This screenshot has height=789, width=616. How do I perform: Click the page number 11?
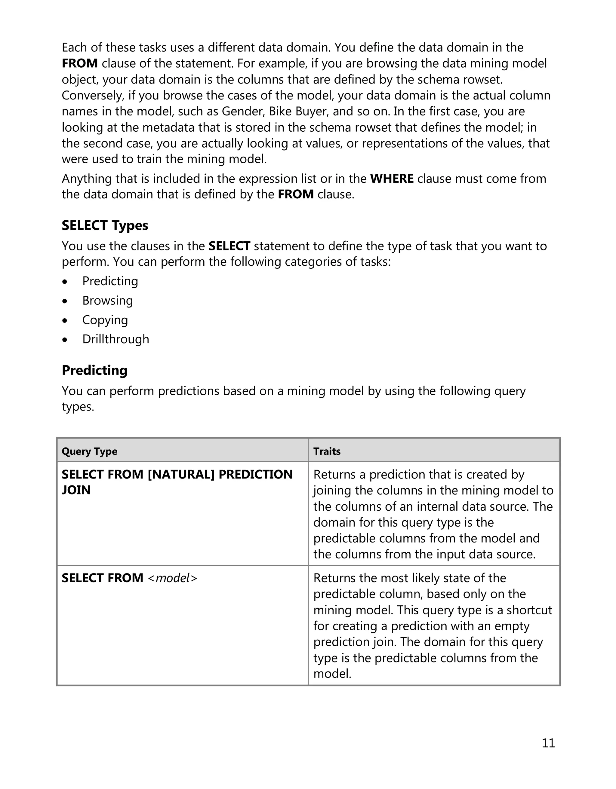548,743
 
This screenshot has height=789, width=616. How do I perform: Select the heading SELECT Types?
105,225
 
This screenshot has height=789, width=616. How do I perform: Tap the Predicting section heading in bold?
94,370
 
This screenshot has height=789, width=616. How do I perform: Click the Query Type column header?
89,451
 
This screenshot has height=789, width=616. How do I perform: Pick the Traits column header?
327,451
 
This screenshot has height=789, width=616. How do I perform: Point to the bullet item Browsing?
107,301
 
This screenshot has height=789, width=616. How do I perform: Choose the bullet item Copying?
105,320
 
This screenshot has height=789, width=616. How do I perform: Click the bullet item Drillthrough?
116,339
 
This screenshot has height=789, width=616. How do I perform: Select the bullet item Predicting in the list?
110,281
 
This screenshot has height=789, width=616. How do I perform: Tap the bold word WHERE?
392,179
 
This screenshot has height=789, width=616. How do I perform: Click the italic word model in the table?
173,578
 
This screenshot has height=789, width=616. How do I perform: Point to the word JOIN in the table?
76,490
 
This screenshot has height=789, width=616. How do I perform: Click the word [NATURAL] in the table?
181,474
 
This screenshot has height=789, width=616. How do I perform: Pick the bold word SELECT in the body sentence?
229,246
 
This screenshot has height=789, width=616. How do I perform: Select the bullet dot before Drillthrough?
65,340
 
